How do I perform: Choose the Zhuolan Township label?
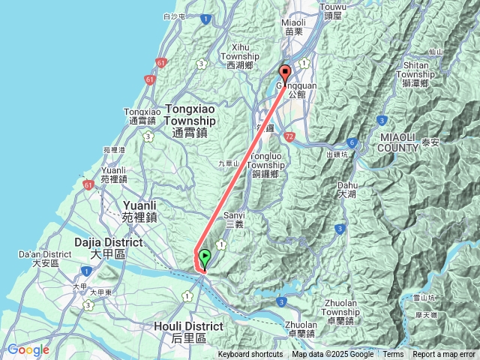pyautogui.click(x=347, y=307)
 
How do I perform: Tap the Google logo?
pyautogui.click(x=28, y=349)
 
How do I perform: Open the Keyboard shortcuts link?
pyautogui.click(x=250, y=355)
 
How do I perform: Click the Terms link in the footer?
pyautogui.click(x=393, y=355)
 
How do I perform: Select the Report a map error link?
pyautogui.click(x=444, y=355)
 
